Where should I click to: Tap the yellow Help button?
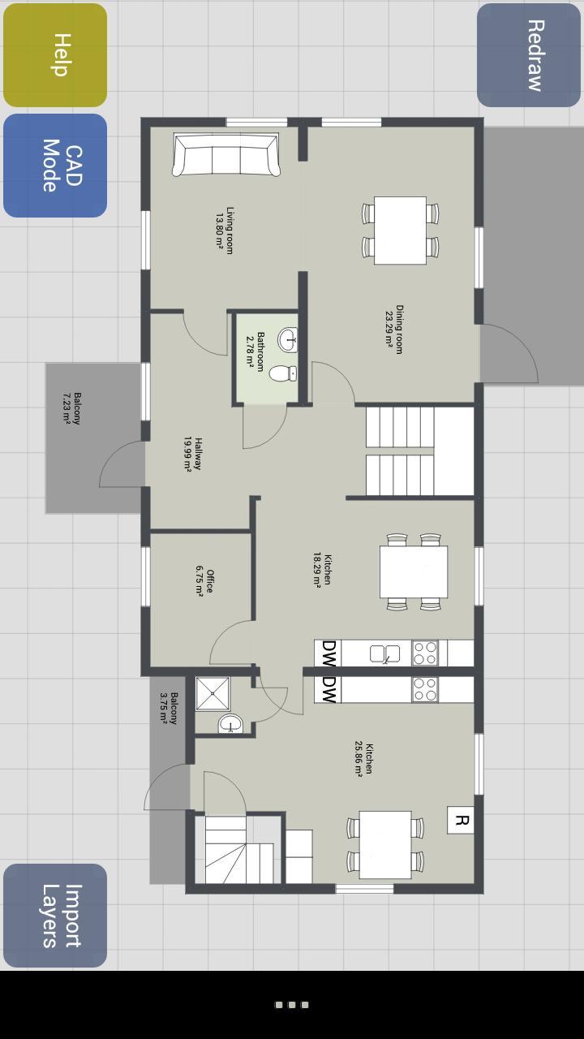[x=55, y=55]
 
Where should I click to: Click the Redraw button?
[x=529, y=55]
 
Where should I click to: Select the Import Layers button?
[x=55, y=916]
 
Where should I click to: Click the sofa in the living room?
[x=226, y=154]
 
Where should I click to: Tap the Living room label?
[x=225, y=231]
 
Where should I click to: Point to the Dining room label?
[x=394, y=330]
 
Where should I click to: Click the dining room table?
[x=400, y=230]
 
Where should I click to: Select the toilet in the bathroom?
[x=283, y=373]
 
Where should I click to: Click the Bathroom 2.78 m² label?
[x=255, y=351]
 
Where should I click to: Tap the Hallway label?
[x=192, y=454]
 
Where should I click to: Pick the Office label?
[x=204, y=581]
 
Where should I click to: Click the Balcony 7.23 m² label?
[x=72, y=408]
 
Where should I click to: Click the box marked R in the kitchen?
[x=461, y=820]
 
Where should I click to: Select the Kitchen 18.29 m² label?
[x=322, y=569]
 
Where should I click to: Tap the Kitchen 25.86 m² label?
[x=364, y=759]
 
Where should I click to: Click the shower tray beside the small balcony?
[x=213, y=694]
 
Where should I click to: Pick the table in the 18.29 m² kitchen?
[x=414, y=571]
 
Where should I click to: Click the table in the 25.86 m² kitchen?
[x=385, y=844]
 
